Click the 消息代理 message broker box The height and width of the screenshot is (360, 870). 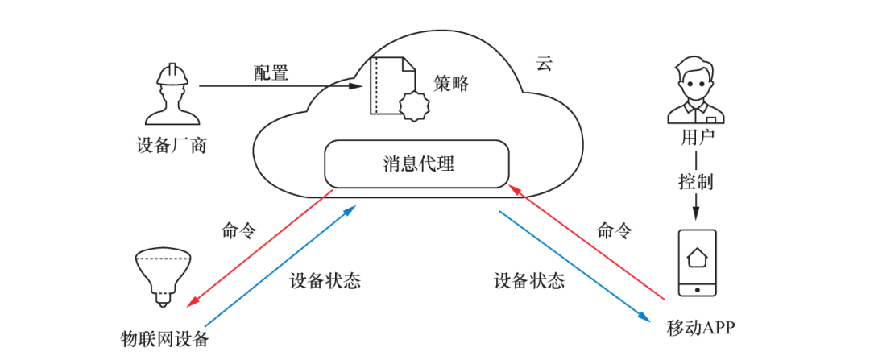point(417,163)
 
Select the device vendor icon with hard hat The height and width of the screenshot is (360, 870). point(172,95)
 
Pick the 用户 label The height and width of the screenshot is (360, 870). point(698,138)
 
